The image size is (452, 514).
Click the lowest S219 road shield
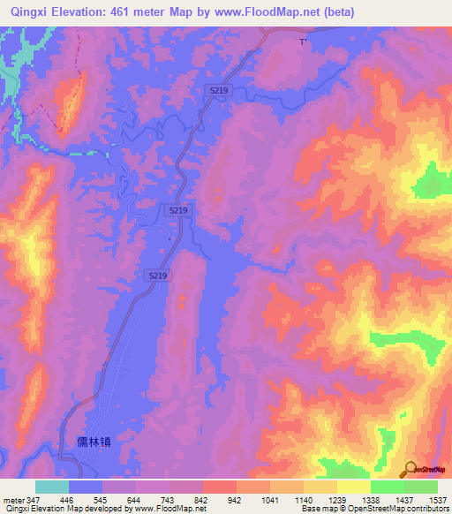coord(157,276)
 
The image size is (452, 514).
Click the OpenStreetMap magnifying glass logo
coord(410,470)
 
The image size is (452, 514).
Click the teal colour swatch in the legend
coord(52,487)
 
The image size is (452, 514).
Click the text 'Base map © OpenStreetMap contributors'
coord(375,509)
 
